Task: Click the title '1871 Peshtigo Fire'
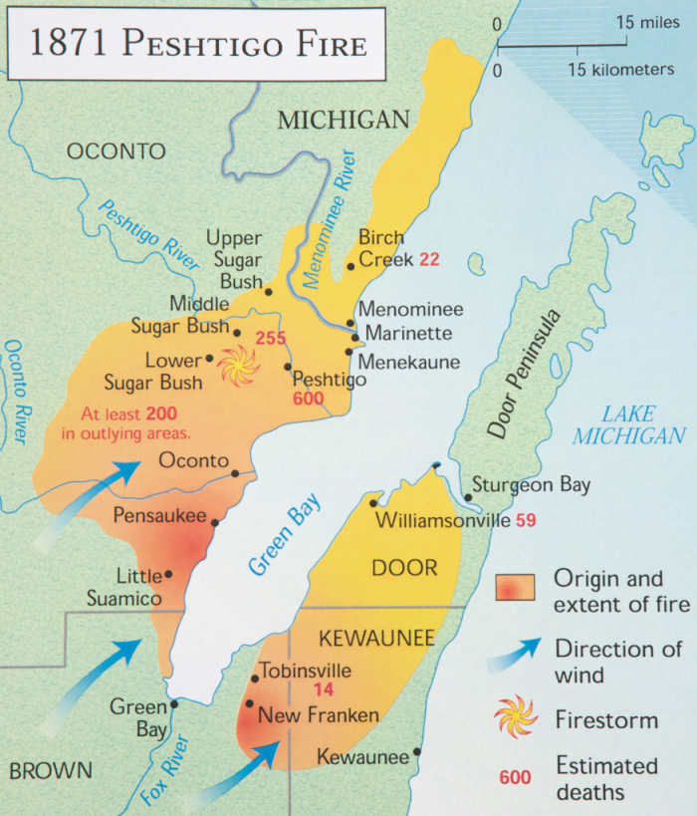[x=196, y=45]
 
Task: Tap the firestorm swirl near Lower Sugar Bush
[x=239, y=366]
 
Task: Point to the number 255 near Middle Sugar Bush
[x=271, y=338]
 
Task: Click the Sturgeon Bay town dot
[x=468, y=497]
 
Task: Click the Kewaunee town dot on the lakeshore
[x=417, y=752]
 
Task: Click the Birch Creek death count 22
[x=428, y=259]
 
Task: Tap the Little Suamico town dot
[x=168, y=574]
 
